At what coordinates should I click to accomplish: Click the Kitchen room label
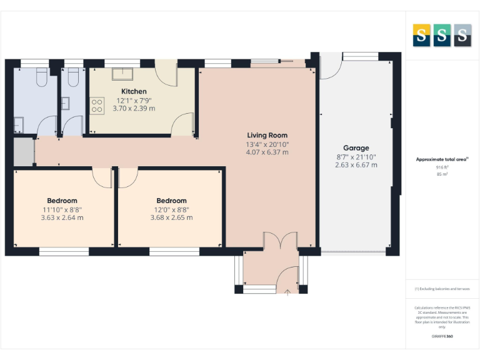pos(134,91)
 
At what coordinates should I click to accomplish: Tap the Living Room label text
pos(267,135)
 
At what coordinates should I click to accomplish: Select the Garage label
pos(356,148)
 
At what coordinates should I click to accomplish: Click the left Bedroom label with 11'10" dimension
pos(61,201)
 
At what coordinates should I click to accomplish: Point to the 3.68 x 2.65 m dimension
pos(171,218)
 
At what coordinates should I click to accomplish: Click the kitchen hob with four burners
pos(97,106)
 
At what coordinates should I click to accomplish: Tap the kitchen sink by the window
pos(122,73)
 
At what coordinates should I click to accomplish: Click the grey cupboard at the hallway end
pos(24,152)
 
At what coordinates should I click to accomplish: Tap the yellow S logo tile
pos(421,36)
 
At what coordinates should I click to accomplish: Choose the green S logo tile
pos(441,36)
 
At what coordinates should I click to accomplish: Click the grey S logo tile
pos(462,36)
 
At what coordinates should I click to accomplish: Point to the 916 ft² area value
pos(442,167)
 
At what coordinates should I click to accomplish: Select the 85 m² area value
pos(442,174)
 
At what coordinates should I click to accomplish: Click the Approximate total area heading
pos(441,159)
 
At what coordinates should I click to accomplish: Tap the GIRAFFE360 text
pos(441,336)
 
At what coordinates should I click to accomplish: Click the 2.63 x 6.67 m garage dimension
pos(356,165)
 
